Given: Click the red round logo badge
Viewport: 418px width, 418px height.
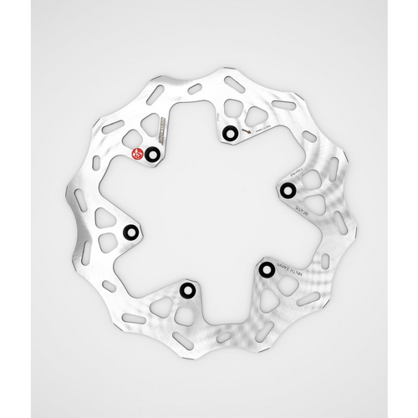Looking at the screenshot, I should (x=138, y=152).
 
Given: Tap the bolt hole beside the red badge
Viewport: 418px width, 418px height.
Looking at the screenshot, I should (x=151, y=155).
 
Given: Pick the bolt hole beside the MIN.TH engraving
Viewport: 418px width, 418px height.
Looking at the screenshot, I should (x=265, y=268).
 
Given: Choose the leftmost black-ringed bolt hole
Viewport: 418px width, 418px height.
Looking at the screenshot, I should (x=131, y=230).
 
